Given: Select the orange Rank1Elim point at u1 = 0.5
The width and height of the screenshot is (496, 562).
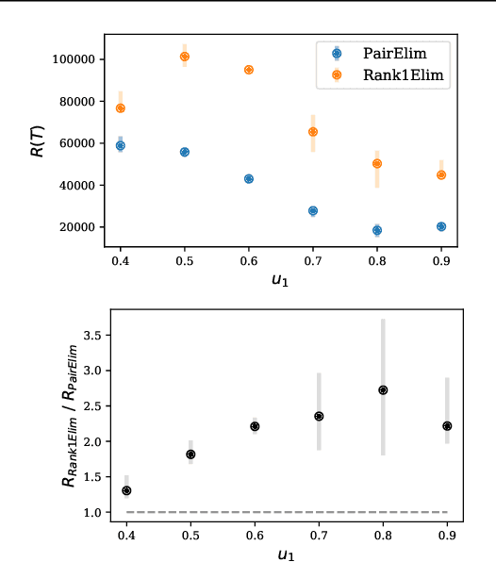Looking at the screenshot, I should (185, 57).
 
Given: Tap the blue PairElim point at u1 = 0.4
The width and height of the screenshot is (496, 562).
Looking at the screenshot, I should (121, 145).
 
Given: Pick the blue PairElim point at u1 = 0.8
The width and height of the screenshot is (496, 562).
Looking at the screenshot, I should (377, 230).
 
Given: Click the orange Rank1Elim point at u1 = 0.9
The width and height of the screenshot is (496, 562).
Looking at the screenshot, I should (441, 175).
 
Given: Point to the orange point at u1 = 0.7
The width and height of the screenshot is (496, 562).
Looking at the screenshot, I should (313, 132).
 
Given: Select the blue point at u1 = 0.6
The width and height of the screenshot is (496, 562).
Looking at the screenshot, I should (249, 178).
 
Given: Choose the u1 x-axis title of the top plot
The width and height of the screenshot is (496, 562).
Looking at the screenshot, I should (280, 280).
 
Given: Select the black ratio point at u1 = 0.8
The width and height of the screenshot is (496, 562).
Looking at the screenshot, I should (383, 389).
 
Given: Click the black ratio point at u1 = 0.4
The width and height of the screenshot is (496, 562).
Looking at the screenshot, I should (126, 490).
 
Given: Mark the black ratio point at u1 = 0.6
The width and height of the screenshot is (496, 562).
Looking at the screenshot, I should (255, 426).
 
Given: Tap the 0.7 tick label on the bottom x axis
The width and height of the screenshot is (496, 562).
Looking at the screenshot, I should (319, 535).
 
